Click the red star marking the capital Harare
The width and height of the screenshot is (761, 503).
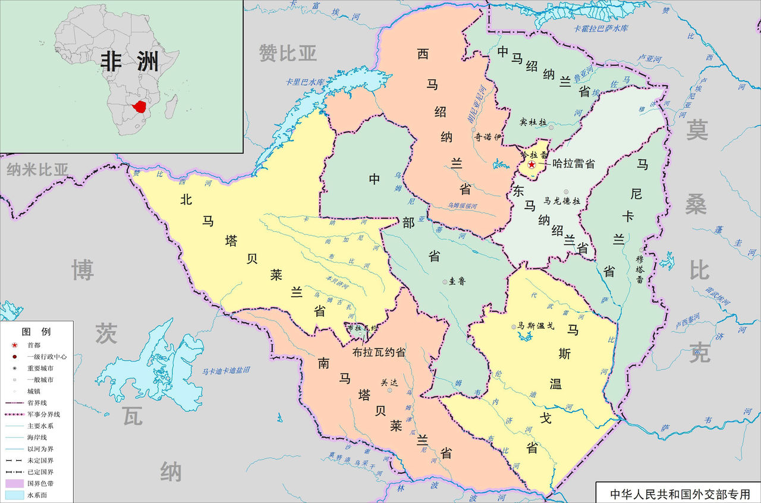click(532, 164)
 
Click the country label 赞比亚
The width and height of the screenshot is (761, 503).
click(288, 53)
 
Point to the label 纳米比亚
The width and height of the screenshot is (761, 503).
click(37, 170)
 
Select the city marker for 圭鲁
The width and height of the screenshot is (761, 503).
click(445, 282)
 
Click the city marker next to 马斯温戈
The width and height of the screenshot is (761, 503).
click(514, 326)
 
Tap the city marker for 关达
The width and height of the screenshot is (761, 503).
click(390, 391)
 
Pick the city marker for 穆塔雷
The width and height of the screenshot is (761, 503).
click(640, 250)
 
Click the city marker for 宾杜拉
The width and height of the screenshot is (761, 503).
click(551, 127)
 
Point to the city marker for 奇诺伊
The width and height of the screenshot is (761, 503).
click(473, 130)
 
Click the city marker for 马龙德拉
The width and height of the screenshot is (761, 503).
click(565, 191)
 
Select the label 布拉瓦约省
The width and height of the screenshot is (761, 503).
click(379, 352)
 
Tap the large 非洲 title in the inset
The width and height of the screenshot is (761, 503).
click(130, 61)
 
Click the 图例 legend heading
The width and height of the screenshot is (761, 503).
click(36, 331)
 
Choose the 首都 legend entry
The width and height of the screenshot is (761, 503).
click(34, 345)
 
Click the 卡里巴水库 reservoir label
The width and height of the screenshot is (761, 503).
click(306, 81)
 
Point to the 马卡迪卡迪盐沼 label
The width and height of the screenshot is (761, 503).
click(225, 370)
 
